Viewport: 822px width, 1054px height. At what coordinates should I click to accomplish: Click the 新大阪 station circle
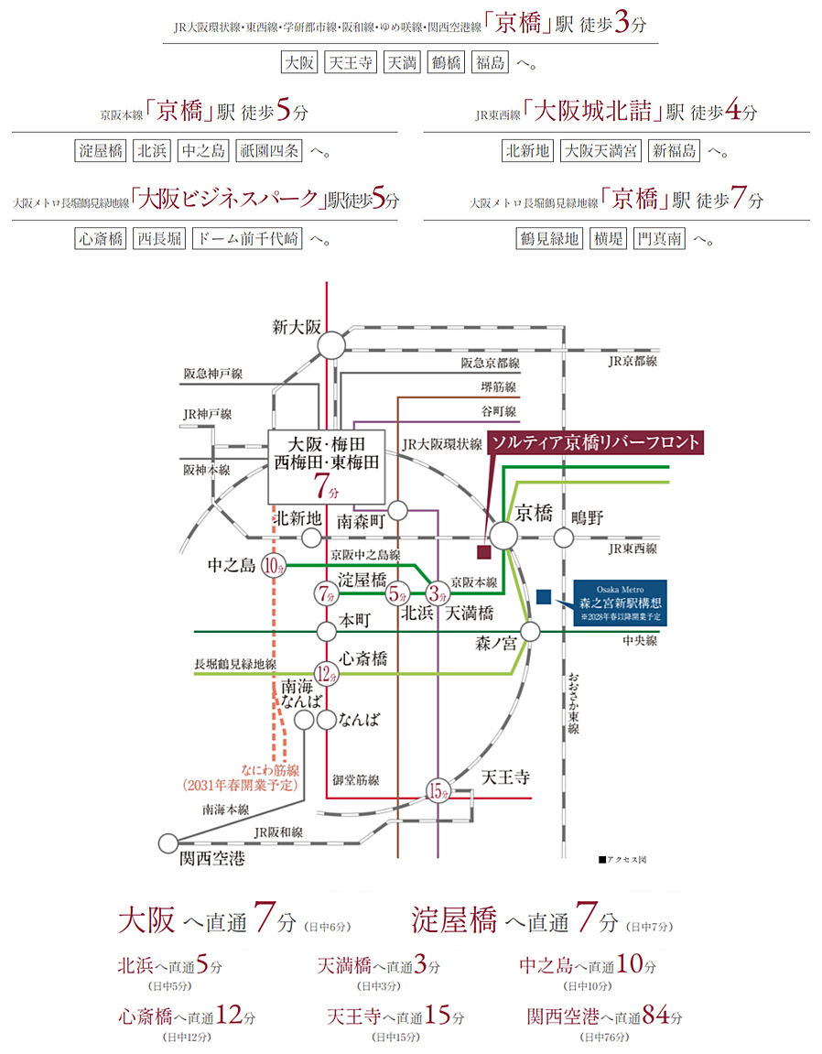331,344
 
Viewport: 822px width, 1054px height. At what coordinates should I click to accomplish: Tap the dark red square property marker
483,551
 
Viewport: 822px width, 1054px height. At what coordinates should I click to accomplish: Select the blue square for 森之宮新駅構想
544,596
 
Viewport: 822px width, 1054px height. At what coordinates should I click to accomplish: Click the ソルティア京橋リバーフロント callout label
595,442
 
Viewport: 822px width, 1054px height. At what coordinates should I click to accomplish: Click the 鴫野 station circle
563,538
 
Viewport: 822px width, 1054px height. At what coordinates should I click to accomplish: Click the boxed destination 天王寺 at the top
351,63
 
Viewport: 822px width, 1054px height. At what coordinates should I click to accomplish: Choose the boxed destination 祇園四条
267,151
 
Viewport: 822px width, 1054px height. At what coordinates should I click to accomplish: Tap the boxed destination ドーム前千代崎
247,239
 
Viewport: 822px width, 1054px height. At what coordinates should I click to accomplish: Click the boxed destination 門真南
659,239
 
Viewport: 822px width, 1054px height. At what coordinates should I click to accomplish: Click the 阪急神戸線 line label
213,374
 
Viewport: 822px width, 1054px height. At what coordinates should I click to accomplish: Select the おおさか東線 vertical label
573,703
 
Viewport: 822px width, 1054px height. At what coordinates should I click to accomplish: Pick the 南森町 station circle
397,510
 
